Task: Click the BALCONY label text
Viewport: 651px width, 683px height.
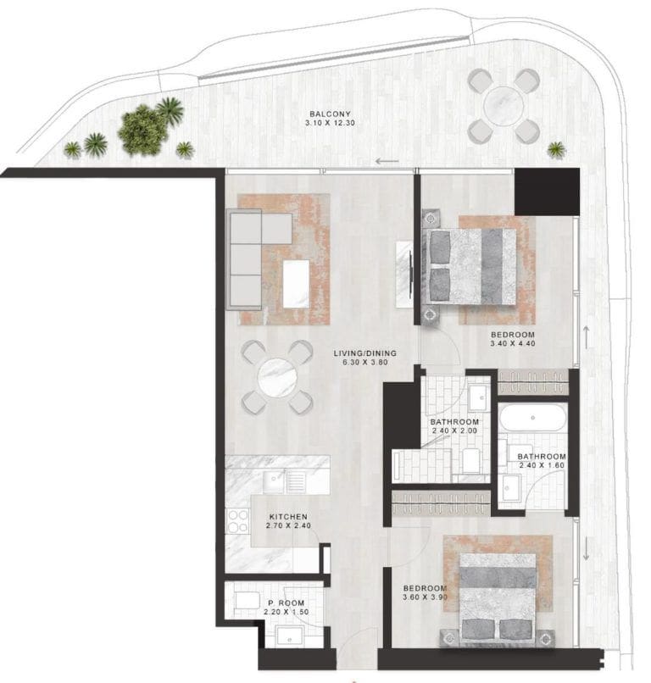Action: (330, 114)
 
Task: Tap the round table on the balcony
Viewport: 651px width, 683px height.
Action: (504, 105)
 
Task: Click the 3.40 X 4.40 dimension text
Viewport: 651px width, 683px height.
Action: (514, 345)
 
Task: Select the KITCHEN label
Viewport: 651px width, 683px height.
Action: (287, 516)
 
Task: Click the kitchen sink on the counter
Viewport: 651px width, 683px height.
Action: (275, 481)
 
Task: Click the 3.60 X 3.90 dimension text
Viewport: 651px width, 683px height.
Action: (424, 599)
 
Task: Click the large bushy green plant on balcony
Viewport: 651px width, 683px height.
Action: (144, 130)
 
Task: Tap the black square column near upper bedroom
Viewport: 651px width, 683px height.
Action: (547, 192)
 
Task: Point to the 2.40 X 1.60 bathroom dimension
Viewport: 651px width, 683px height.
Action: (542, 466)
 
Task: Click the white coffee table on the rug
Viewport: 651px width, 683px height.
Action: (297, 284)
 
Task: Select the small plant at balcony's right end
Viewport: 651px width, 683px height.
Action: (556, 150)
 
